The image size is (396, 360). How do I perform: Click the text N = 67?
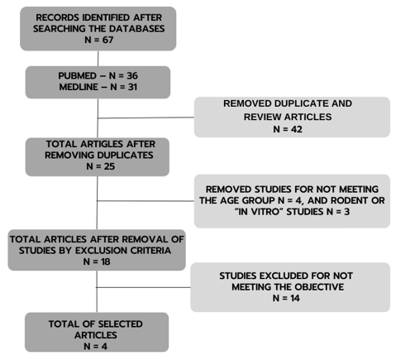coord(98,40)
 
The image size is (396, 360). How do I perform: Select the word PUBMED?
coord(74,76)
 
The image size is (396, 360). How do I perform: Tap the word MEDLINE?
coord(79,87)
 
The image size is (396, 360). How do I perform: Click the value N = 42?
coord(288,129)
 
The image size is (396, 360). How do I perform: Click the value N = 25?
coord(100,166)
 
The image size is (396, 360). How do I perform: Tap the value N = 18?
coord(97,262)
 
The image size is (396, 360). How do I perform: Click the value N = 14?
coord(286,298)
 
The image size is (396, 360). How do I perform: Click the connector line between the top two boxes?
coord(98,59)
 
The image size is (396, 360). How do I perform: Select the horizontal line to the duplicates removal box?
coord(146,118)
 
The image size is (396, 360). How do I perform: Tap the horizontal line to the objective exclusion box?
coord(143,287)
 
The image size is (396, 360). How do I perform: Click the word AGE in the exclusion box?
coord(229,200)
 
